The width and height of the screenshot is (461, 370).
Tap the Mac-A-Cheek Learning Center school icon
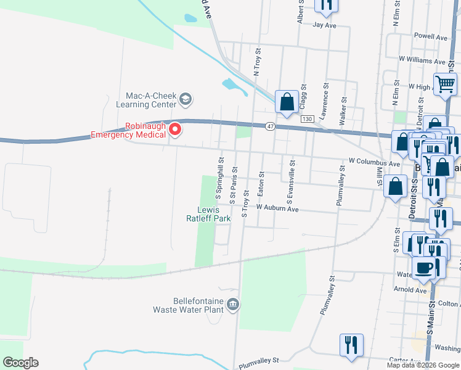click(186, 99)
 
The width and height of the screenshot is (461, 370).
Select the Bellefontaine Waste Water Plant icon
click(233, 303)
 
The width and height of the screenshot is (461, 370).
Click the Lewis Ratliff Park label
click(208, 213)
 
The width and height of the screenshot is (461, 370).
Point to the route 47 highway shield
click(271, 126)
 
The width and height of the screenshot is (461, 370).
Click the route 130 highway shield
click(308, 118)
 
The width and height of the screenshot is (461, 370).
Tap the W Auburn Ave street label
click(277, 209)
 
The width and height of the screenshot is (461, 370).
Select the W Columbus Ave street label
click(374, 162)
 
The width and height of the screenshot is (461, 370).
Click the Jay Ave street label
click(324, 25)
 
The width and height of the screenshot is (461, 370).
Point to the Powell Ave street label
click(431, 37)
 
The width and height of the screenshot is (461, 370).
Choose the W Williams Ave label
click(422, 61)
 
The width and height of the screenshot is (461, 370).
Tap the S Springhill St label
click(219, 177)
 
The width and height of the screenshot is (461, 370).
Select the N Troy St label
click(258, 63)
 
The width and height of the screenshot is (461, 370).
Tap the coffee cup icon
click(423, 268)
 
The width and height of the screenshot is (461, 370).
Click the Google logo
click(20, 363)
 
